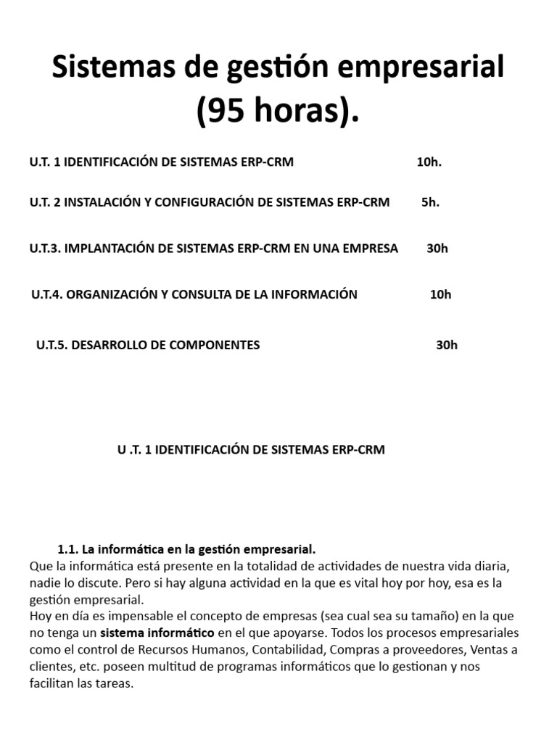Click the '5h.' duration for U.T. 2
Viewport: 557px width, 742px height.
coord(430,202)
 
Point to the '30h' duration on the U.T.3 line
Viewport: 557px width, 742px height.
coord(437,249)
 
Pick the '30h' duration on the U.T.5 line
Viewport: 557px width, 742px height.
coord(447,345)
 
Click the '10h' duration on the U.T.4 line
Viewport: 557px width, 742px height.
coord(440,294)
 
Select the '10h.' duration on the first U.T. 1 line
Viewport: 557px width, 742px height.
coord(429,162)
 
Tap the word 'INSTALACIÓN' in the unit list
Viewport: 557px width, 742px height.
coord(102,202)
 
